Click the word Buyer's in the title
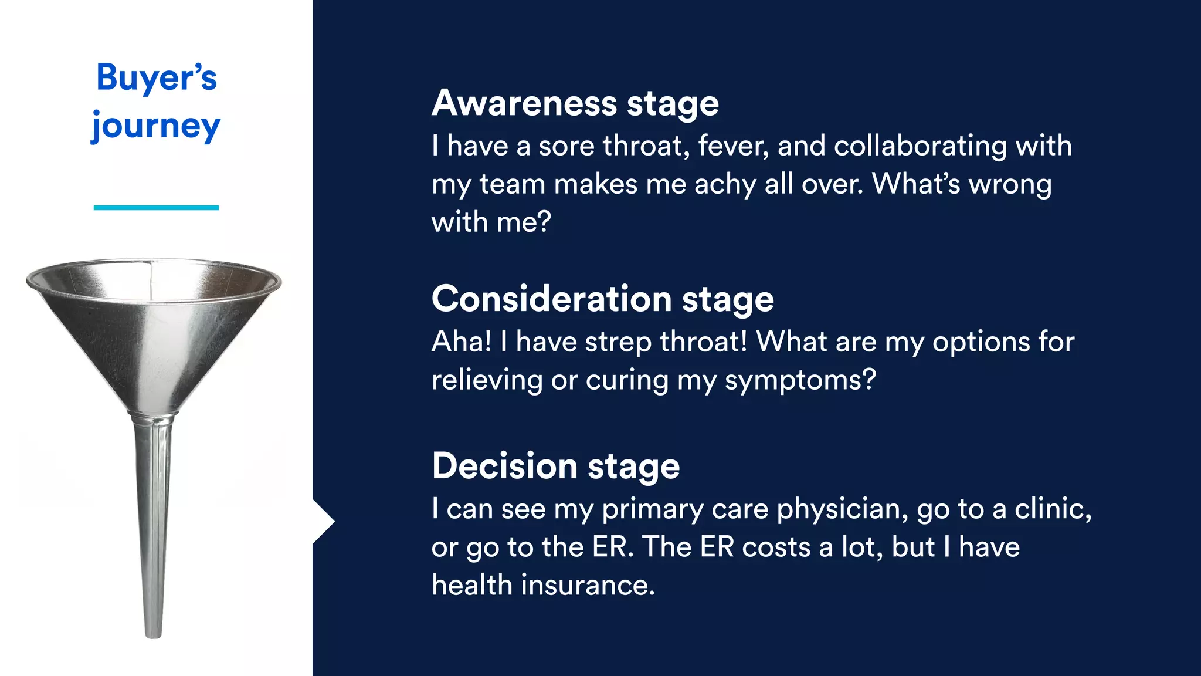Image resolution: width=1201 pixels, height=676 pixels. coord(156,77)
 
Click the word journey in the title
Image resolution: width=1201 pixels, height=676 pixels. coord(156,127)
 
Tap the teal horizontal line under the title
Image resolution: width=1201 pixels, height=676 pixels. coord(156,208)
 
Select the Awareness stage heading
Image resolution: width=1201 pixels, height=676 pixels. coord(575,104)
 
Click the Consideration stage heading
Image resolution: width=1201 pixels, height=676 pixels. coord(602,299)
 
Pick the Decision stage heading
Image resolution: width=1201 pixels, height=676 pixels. coord(555,467)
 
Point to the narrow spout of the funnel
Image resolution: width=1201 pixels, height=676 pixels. coord(153,528)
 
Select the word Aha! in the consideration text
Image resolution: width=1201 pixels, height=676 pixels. coord(461,342)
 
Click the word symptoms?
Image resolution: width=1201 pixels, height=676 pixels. coord(800,380)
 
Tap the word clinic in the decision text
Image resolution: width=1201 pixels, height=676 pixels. coord(1053,509)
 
